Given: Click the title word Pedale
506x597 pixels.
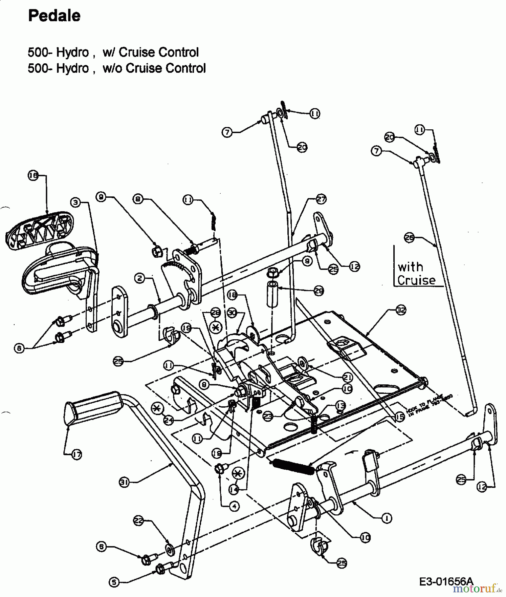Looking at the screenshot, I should coord(54,16).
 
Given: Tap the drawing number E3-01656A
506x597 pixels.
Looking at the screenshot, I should coord(446,581).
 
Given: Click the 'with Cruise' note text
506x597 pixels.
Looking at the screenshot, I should coord(416,273).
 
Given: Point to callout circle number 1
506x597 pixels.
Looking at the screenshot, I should coord(387,518).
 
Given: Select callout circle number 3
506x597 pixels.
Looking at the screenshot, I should coord(76,202).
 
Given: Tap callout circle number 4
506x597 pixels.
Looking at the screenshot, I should coord(234,506).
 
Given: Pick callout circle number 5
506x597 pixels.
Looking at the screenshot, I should coord(114,582).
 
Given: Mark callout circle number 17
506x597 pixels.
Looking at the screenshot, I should coord(77,455).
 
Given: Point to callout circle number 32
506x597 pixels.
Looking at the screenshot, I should coord(401,310).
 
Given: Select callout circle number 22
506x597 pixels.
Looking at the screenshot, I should coord(139,521).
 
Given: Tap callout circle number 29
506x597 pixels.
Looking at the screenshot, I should coord(319,291).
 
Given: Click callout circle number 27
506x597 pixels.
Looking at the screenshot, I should coord(321,199).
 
